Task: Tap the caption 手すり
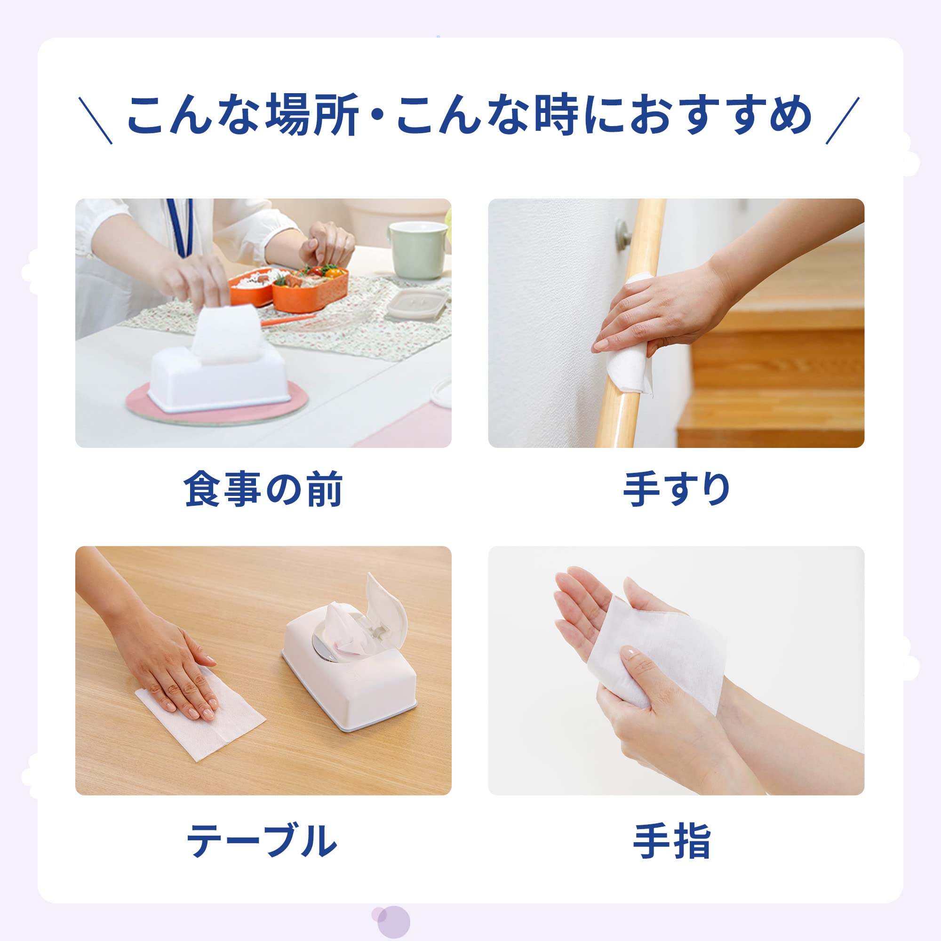click(x=676, y=489)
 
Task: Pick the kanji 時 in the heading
click(x=556, y=115)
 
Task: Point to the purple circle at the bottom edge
click(x=393, y=922)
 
